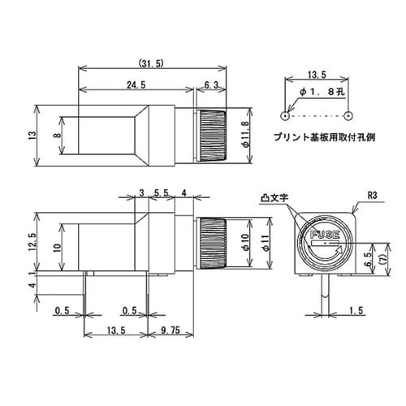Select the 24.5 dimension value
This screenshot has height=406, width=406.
coord(135,84)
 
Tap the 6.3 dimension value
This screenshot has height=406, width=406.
coord(208,84)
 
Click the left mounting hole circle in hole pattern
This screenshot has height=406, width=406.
coord(284,113)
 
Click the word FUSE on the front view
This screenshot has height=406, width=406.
coord(324,235)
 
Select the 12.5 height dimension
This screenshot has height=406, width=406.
coord(32,241)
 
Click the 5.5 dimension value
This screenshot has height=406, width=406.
coord(160,193)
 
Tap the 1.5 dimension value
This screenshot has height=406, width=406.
coord(354,310)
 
